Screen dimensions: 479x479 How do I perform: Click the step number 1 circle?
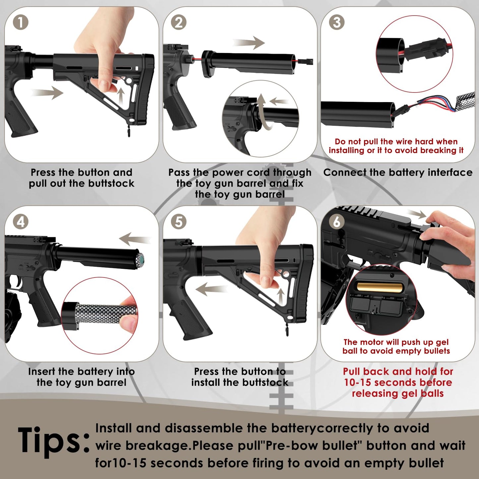point(20,23)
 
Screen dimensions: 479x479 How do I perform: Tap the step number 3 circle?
point(336,23)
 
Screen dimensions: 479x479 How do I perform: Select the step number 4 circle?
point(20,222)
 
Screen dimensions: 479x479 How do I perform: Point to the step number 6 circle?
point(336,222)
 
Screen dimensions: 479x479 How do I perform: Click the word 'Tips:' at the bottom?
point(53,441)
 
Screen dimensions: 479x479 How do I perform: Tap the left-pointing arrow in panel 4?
point(134,239)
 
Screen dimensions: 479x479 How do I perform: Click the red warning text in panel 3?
point(396,146)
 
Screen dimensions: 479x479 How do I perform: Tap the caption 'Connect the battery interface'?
point(398,172)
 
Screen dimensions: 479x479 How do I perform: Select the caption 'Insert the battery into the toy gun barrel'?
point(82,377)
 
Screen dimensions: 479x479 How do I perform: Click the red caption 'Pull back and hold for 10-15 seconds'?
point(398,382)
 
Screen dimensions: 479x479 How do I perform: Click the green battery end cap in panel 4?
point(141,258)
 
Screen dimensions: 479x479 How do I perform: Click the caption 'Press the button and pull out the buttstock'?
point(82,178)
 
